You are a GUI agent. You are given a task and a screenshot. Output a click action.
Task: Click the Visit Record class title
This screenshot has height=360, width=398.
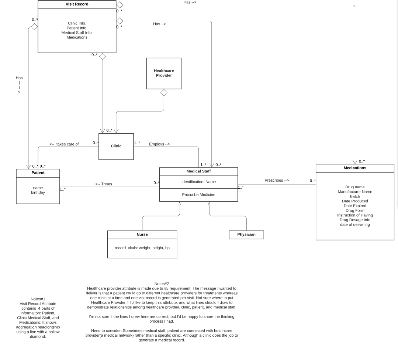click(x=77, y=4)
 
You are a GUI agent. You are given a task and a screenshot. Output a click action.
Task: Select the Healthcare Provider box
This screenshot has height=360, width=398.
click(x=164, y=73)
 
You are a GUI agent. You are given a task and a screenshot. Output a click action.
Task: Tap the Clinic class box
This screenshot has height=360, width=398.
click(x=116, y=146)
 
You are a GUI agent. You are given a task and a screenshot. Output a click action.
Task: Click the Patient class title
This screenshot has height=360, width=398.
click(x=38, y=173)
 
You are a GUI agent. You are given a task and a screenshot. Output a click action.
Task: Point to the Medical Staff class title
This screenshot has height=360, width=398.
click(x=198, y=171)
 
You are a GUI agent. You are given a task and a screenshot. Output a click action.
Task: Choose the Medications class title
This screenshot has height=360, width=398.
click(x=355, y=168)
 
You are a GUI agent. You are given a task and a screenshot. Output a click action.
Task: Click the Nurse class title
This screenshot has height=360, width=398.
click(x=142, y=234)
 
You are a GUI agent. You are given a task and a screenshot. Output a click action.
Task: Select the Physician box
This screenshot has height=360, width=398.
click(x=246, y=235)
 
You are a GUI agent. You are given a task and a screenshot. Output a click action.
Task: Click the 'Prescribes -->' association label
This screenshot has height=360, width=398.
click(x=277, y=181)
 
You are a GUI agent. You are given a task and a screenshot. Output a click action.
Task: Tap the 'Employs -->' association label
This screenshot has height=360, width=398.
click(x=159, y=144)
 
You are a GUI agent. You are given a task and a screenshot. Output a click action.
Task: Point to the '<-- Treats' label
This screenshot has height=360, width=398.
click(x=104, y=184)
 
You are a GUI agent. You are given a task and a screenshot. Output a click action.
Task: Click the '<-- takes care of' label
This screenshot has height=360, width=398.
click(x=64, y=144)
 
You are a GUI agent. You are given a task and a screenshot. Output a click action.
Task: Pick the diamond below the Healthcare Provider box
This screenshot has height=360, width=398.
click(x=164, y=93)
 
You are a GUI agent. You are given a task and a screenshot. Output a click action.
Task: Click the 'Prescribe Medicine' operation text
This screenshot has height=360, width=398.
click(x=198, y=195)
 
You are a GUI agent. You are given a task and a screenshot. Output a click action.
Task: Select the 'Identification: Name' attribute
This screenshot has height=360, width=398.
click(x=198, y=182)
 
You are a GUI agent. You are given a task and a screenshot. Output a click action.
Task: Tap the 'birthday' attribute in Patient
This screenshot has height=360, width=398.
click(x=38, y=192)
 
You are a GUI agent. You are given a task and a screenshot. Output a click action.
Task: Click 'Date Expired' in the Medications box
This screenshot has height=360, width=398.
click(x=355, y=206)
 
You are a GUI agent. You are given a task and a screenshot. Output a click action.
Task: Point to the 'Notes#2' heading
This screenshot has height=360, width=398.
click(x=162, y=284)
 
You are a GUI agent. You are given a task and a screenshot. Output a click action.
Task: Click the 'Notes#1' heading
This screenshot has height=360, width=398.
click(x=38, y=299)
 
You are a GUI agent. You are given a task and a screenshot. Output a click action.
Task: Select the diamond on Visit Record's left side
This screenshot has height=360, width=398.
click(x=34, y=27)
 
